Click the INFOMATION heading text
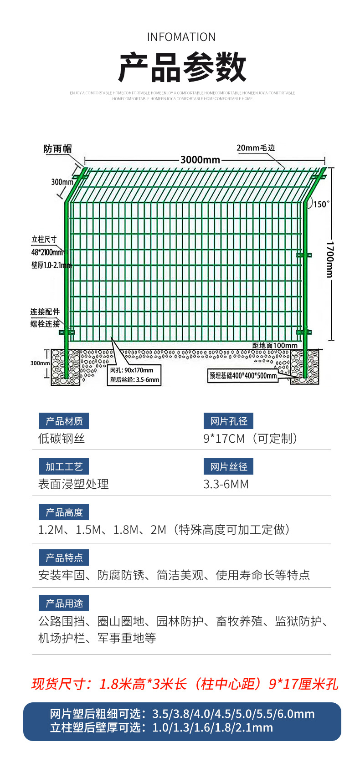click(181, 37)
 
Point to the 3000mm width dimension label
click(200, 160)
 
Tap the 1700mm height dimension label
click(329, 259)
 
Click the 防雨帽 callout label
click(57, 149)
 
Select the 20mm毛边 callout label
click(256, 148)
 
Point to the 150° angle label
click(321, 204)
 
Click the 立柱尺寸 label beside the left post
click(44, 240)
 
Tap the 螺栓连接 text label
click(45, 324)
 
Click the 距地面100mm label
click(275, 345)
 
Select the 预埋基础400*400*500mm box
click(243, 376)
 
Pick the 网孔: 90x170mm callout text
click(132, 370)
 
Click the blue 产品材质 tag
click(64, 421)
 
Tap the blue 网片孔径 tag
click(228, 421)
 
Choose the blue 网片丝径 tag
click(228, 467)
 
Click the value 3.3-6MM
click(226, 484)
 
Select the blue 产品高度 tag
click(64, 512)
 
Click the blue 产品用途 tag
click(64, 604)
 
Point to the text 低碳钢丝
click(62, 439)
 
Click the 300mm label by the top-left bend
click(62, 182)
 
